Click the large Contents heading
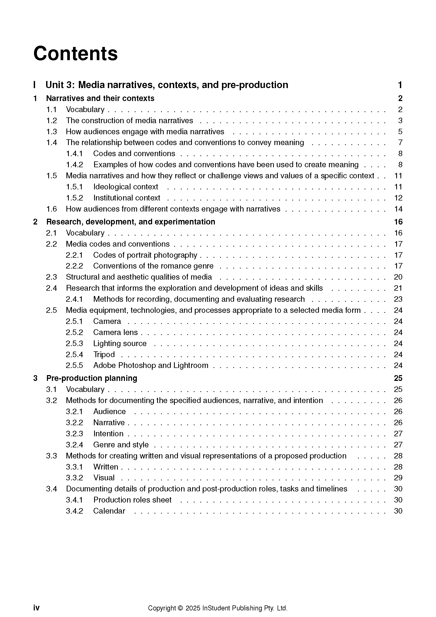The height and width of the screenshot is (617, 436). (75, 54)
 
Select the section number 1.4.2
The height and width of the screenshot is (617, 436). (74, 165)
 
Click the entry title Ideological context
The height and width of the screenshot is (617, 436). (126, 187)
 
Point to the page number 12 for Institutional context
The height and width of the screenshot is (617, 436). (398, 198)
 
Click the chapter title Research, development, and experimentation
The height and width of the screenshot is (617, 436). (131, 222)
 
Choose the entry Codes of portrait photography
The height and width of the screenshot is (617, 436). (145, 255)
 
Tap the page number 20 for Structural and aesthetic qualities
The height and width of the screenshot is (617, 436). (398, 277)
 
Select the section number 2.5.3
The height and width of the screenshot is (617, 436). (74, 343)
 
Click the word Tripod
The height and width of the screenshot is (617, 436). (104, 355)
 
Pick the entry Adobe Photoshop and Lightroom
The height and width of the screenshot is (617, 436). (151, 365)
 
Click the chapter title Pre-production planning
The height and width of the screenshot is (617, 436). (91, 378)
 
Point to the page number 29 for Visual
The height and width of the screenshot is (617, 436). (398, 477)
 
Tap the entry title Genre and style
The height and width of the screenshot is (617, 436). (121, 445)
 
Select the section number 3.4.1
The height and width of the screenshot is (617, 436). (74, 500)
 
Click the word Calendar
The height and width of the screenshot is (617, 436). (109, 511)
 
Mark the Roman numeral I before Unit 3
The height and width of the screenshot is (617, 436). (34, 85)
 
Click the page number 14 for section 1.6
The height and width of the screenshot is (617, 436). (398, 209)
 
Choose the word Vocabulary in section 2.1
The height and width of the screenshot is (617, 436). (85, 233)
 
